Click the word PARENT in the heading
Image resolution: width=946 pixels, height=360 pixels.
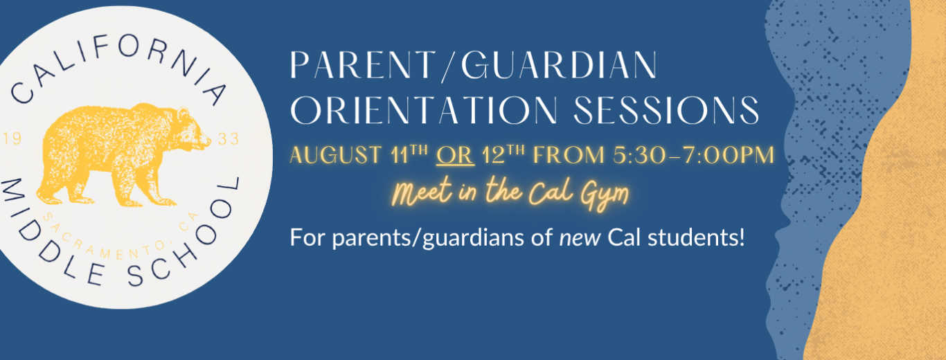click(x=362, y=65)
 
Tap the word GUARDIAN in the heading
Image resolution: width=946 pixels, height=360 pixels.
click(x=560, y=65)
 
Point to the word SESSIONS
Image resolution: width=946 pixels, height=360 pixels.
click(x=666, y=110)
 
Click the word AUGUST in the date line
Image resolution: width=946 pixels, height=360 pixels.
click(x=336, y=155)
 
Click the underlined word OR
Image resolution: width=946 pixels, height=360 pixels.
click(x=455, y=155)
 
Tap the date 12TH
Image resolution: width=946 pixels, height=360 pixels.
click(x=503, y=154)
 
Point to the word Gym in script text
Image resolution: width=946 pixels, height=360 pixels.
click(x=605, y=195)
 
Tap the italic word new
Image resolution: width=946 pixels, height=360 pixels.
click(x=580, y=238)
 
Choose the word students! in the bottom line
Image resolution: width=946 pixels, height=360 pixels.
click(x=696, y=237)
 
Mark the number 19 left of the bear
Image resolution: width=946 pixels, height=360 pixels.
click(x=12, y=138)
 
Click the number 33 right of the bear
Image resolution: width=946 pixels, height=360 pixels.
click(x=229, y=139)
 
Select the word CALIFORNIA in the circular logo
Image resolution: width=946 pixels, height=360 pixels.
click(x=117, y=63)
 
